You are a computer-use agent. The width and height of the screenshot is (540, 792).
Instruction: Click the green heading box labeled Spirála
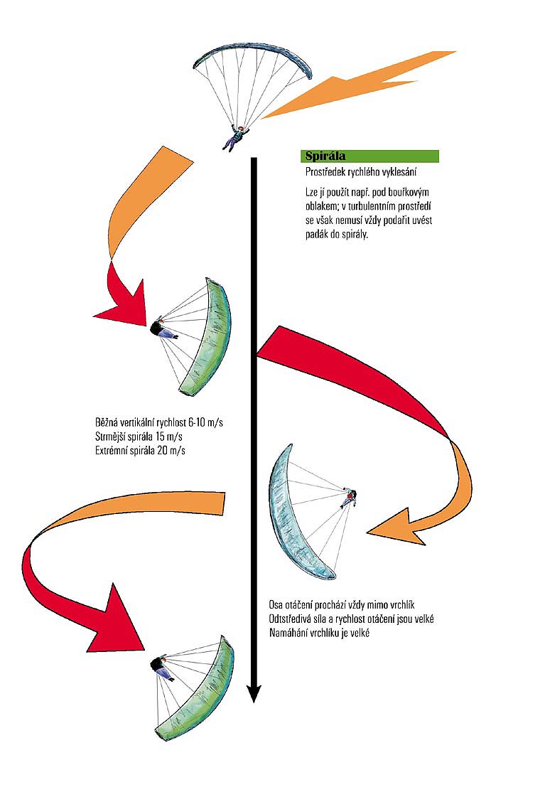(x=369, y=156)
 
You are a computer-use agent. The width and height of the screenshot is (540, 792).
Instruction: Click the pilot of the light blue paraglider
(x=348, y=497)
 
